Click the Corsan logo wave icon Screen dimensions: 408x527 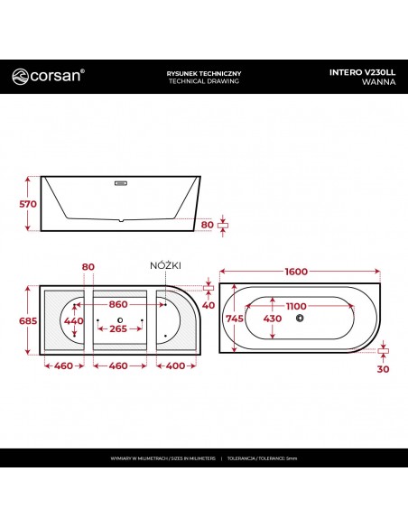tap(20, 77)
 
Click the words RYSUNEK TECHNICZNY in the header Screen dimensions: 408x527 tap(204, 73)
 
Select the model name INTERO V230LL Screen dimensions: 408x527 tap(362, 72)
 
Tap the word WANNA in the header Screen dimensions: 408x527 tap(379, 82)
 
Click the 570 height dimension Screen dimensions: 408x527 tap(28, 204)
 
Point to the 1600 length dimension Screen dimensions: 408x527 tap(296, 272)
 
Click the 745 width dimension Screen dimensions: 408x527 tap(235, 318)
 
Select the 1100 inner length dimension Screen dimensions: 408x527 tap(296, 306)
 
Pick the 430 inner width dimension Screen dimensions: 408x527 tap(273, 318)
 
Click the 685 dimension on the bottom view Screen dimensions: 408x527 tap(28, 320)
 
